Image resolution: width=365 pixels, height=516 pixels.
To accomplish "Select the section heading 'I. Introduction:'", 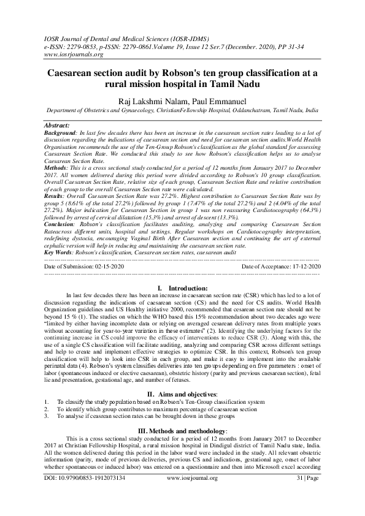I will pos(183,287).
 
